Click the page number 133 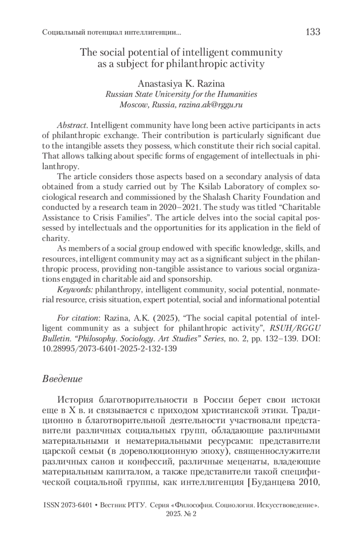(x=313, y=32)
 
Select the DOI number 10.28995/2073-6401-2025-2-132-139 (x=109, y=349)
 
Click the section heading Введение (x=62, y=379)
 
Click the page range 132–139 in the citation (x=281, y=338)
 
